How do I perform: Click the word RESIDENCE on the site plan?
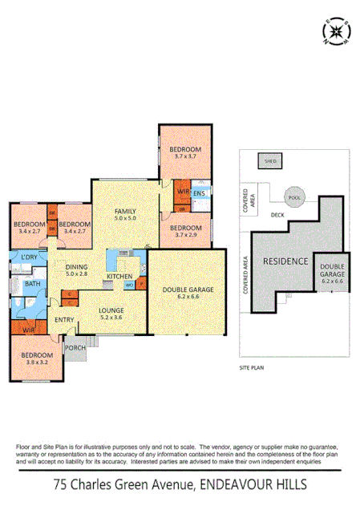(x=285, y=262)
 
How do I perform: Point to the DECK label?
(x=277, y=215)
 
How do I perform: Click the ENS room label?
(x=199, y=193)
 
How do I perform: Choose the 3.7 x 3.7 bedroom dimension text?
(x=184, y=158)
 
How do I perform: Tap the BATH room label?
(x=33, y=284)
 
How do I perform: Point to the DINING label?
(x=77, y=267)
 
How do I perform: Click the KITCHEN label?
(x=119, y=277)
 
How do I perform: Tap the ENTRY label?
(x=64, y=320)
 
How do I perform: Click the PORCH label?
(x=75, y=347)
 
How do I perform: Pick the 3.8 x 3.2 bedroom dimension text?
(x=37, y=362)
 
